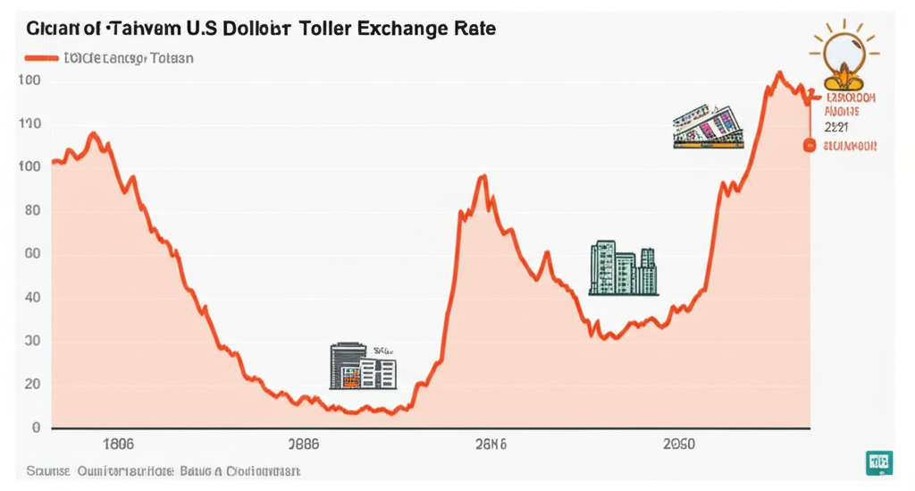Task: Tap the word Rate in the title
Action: tap(475, 28)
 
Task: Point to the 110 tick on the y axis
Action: tap(29, 123)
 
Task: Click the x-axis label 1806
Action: tap(119, 443)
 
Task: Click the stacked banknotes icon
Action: tap(709, 126)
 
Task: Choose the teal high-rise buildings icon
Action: tap(624, 267)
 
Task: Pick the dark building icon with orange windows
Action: tap(362, 365)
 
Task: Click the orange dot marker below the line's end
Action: tap(810, 145)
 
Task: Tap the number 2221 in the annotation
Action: tap(842, 128)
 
